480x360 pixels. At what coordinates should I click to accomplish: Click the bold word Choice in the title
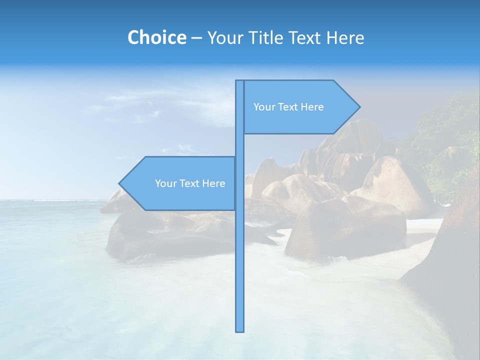(156, 37)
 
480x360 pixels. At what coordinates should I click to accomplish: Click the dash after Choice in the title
(196, 38)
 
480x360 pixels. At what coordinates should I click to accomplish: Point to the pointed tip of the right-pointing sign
(359, 106)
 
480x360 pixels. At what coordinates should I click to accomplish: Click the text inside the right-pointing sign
(288, 107)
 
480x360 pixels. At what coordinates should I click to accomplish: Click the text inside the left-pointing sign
(190, 183)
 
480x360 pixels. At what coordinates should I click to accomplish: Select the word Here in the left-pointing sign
(213, 183)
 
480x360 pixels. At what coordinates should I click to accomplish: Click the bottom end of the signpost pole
(239, 330)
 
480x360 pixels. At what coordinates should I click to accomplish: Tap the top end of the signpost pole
(239, 81)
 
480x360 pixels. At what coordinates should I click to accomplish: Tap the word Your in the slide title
(224, 37)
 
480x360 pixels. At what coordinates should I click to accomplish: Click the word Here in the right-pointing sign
(312, 107)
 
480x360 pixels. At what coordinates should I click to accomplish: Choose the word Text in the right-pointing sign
(288, 107)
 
